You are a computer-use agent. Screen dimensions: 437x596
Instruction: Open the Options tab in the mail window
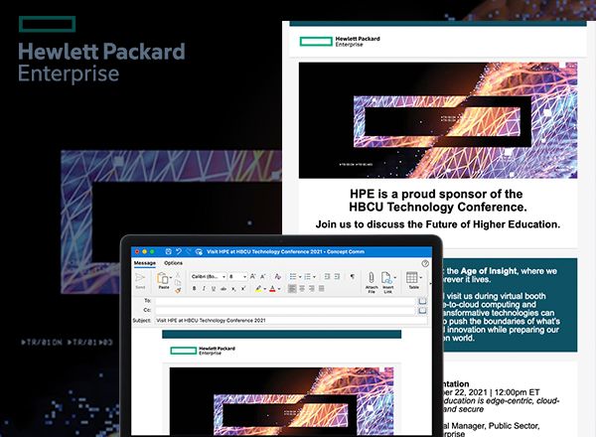click(x=173, y=263)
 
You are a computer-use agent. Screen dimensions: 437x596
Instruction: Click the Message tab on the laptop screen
click(x=144, y=263)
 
